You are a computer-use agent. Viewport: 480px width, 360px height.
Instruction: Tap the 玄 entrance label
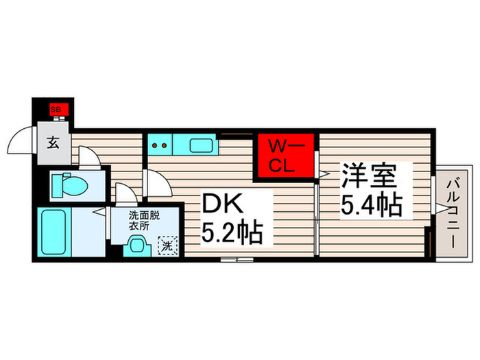click(53, 143)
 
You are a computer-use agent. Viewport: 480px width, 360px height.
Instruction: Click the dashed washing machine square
click(166, 243)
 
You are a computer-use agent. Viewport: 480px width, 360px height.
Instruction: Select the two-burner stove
click(160, 145)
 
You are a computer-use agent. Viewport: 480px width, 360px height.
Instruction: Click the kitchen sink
click(202, 145)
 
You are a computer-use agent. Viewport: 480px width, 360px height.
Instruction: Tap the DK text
click(221, 204)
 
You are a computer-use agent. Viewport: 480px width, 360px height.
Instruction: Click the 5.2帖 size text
click(232, 234)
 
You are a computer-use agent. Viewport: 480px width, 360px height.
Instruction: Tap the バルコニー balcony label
click(453, 213)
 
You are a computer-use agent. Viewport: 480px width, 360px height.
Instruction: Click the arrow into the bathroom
click(100, 213)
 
